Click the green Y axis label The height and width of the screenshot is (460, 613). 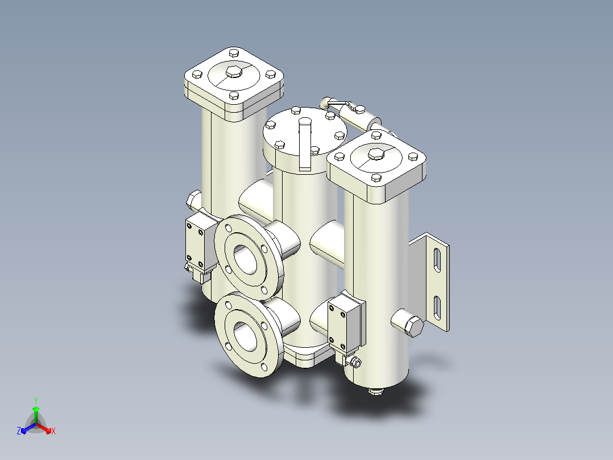(36, 400)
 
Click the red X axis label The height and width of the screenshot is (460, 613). (53, 431)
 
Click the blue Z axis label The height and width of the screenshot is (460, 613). (19, 431)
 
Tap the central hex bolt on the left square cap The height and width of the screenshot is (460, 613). (234, 72)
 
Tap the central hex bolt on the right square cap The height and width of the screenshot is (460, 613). (376, 154)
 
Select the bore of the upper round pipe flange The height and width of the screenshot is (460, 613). (245, 259)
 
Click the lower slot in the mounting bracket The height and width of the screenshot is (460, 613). (437, 308)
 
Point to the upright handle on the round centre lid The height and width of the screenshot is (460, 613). (305, 144)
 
